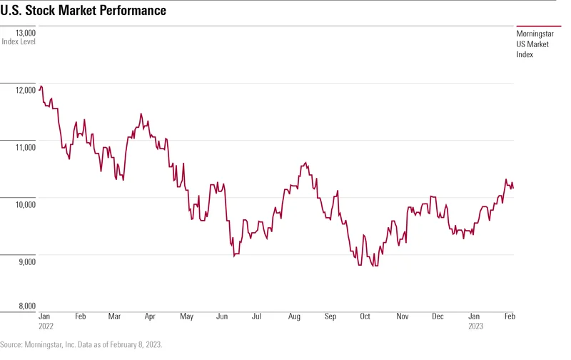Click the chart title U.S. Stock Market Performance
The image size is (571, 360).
84,11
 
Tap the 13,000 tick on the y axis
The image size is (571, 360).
25,33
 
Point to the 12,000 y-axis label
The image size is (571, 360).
25,90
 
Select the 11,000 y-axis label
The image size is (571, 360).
25,147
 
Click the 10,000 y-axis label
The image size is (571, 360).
25,204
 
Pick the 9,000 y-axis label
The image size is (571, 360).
25,261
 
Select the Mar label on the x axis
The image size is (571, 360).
114,316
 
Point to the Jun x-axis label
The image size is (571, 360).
222,316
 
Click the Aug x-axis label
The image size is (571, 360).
294,316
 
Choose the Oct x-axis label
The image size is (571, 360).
365,316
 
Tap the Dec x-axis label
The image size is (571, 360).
438,316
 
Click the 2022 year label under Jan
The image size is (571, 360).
46,325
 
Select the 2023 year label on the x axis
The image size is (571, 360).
475,325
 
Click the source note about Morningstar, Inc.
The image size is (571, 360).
81,344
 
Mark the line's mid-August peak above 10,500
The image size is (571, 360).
306,163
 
